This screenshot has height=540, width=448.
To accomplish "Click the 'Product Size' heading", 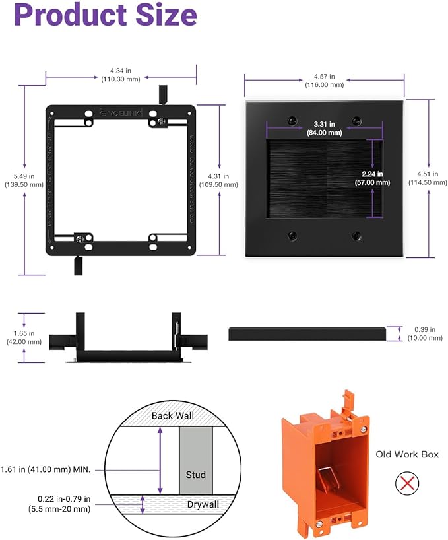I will tap(106, 16).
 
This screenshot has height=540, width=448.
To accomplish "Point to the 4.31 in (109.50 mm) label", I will tap(218, 180).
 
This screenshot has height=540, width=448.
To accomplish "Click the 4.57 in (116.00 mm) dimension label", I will tap(324, 80).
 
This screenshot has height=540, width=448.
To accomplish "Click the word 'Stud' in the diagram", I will tap(195, 475).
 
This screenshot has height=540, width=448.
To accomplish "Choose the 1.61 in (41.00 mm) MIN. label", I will tap(51, 469).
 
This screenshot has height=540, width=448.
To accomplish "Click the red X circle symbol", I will tap(407, 484).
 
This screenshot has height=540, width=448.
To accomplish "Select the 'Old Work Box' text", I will tap(407, 454).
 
